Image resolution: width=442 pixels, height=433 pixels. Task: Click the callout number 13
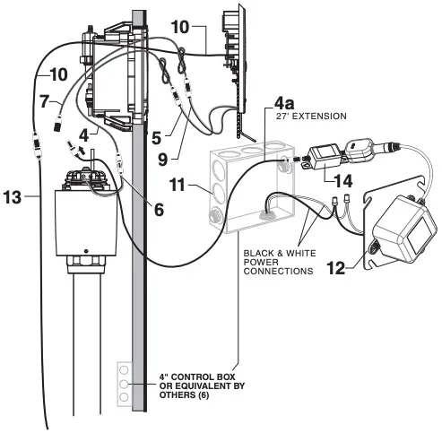pyautogui.click(x=13, y=197)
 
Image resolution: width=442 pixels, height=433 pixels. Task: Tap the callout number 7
pyautogui.click(x=44, y=101)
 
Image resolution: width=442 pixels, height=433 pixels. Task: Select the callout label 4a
pyautogui.click(x=284, y=103)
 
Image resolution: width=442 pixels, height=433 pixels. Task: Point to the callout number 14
pyautogui.click(x=342, y=181)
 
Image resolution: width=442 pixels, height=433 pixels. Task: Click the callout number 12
pyautogui.click(x=336, y=268)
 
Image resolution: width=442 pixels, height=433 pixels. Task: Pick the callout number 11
pyautogui.click(x=178, y=185)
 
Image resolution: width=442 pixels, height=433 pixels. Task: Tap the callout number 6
pyautogui.click(x=159, y=210)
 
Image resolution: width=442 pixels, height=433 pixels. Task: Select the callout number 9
pyautogui.click(x=163, y=160)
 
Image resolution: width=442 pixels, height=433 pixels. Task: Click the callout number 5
pyautogui.click(x=156, y=138)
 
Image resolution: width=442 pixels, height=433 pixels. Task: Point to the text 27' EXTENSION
pyautogui.click(x=311, y=116)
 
